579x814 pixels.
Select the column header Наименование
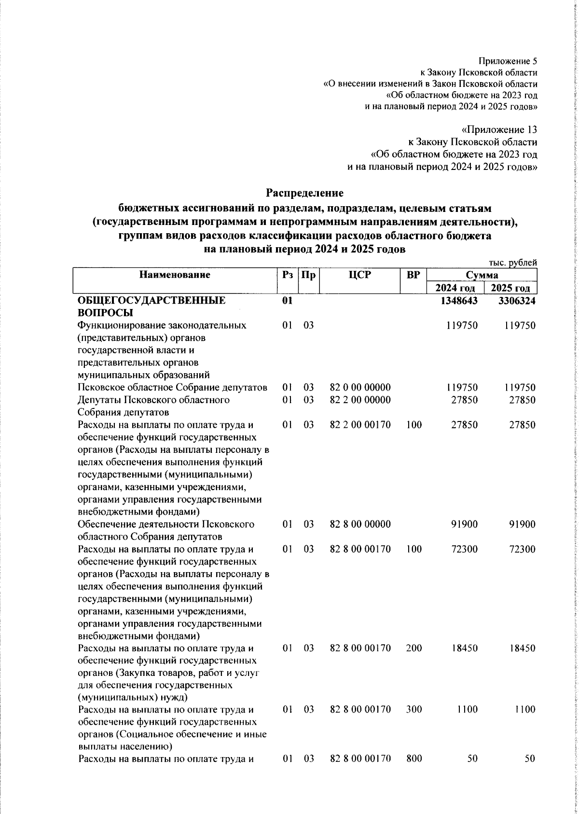(x=175, y=275)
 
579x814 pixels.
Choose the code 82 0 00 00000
(x=373, y=388)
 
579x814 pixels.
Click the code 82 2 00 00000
(x=373, y=400)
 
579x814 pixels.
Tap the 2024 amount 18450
(x=464, y=648)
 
